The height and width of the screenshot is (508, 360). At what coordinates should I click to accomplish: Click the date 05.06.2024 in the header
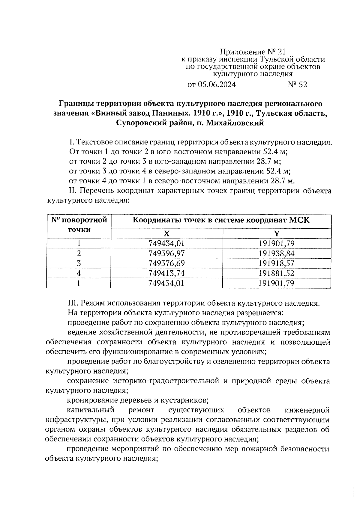coord(217,85)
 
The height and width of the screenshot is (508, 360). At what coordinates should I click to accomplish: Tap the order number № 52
coord(297,85)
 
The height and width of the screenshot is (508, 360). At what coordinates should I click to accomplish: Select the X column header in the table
coord(166,233)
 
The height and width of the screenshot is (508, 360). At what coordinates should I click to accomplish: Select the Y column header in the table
coord(277,233)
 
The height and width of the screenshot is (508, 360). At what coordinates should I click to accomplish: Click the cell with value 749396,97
coord(166,254)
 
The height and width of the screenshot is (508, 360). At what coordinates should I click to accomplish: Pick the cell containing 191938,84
coord(277,254)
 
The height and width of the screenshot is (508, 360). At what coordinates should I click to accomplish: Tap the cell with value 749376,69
coord(166,263)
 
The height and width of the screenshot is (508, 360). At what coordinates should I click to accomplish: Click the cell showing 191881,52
coord(277,273)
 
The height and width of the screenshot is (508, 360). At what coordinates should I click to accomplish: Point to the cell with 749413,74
coord(166,273)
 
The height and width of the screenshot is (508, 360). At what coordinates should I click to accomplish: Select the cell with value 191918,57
coord(277,263)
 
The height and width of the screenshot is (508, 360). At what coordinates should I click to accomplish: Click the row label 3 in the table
coord(79,263)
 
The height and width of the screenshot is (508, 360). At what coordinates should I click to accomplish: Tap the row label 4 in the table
coord(79,273)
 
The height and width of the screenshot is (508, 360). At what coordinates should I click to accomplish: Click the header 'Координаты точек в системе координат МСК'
coord(221,220)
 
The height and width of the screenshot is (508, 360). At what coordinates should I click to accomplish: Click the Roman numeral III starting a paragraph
coord(73,303)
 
